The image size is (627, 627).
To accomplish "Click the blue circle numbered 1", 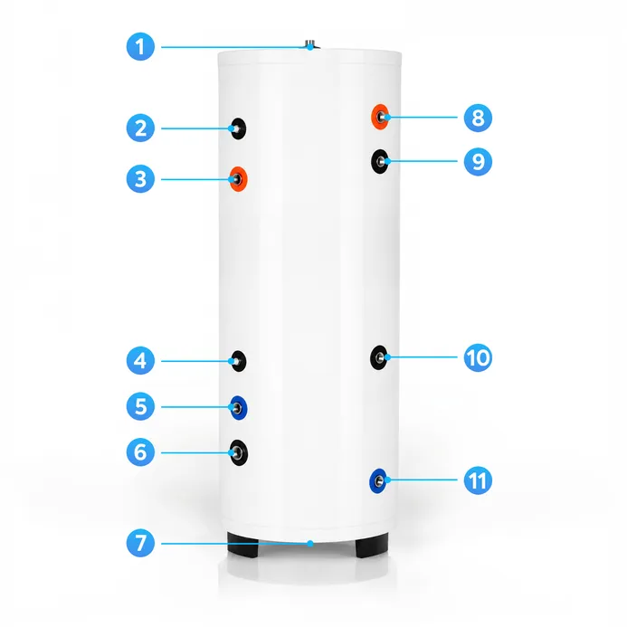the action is click(x=140, y=47).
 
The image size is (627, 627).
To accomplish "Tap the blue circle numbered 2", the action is click(x=140, y=128).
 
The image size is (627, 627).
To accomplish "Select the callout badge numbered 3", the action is click(x=140, y=179).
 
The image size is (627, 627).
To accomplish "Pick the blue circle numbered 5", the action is click(x=140, y=406).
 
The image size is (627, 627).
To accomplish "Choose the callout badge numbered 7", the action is click(x=140, y=543).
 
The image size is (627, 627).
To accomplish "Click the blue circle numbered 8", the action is click(x=478, y=118).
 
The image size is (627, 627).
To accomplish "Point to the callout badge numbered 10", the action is click(x=478, y=357).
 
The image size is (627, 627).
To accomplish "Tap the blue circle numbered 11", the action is click(x=478, y=480).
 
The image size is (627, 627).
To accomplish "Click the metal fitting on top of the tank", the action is click(x=310, y=44).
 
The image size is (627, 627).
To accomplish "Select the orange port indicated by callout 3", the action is click(x=238, y=179).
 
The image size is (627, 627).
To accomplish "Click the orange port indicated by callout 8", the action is click(x=380, y=117).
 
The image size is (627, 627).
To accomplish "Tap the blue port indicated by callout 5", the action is click(x=239, y=408).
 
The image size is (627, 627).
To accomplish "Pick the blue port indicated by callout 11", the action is click(x=378, y=480).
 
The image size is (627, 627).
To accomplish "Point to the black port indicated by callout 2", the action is click(x=238, y=128).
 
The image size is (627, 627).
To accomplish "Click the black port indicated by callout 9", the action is click(x=379, y=162).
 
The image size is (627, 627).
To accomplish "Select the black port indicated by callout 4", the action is click(x=239, y=361).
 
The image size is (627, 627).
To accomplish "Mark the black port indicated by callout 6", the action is click(x=239, y=452).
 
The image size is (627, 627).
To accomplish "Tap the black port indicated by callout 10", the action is click(x=379, y=357).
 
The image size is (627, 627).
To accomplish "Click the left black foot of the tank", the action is click(x=242, y=545).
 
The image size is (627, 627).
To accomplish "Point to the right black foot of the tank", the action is click(x=372, y=545).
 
